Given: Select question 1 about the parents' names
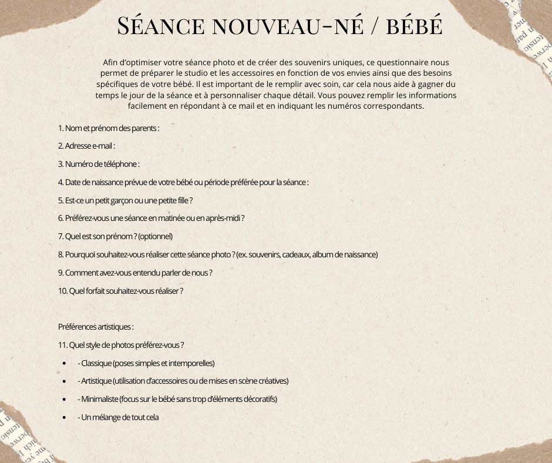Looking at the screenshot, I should point(109,128).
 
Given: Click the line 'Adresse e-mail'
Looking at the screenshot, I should point(86,146).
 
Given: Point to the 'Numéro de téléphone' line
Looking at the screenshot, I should point(99,164).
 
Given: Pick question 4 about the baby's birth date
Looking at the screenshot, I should point(183,182).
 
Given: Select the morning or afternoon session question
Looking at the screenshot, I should point(151,218).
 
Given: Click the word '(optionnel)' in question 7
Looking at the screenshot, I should point(156,236).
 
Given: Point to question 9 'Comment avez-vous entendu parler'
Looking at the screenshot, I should point(135,273).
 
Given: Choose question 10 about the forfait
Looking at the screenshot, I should point(120,291).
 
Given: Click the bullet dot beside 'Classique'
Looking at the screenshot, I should point(63,363).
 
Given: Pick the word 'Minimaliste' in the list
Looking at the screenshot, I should point(99,399).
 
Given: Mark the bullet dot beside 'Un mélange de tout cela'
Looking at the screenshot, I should point(63,417).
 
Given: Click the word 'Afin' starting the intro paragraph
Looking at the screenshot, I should point(109,62).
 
